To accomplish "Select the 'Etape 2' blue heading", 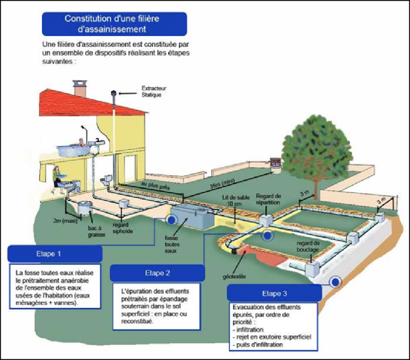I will (x=157, y=273).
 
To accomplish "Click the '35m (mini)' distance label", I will (x=223, y=182).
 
